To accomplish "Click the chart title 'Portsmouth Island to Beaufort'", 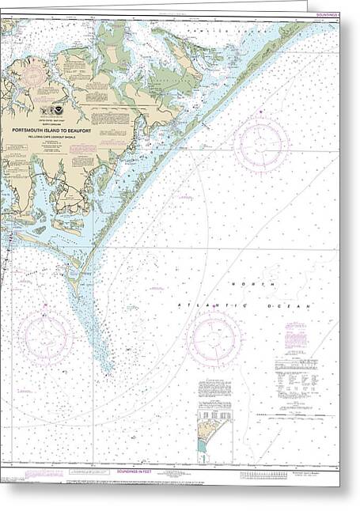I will pyautogui.click(x=63, y=131).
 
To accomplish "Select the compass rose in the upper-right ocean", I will pyautogui.click(x=261, y=144).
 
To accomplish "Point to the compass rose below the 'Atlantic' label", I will pyautogui.click(x=214, y=339).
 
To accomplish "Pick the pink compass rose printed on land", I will pyautogui.click(x=32, y=76).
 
